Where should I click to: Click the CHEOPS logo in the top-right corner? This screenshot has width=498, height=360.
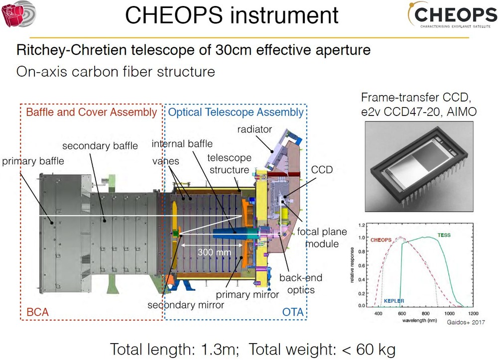click(452, 15)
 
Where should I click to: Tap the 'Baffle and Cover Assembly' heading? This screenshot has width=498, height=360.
click(92, 112)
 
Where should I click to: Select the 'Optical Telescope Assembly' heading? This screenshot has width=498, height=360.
click(236, 112)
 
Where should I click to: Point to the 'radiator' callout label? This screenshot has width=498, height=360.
click(254, 129)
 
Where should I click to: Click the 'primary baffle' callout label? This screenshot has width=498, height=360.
click(33, 161)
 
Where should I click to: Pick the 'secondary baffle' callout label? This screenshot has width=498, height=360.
click(100, 146)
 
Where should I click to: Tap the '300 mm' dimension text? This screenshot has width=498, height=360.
click(214, 252)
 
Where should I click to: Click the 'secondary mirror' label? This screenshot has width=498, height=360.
click(186, 305)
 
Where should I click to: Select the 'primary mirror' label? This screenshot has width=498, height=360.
click(248, 295)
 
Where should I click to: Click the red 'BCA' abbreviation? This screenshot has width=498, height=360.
click(37, 312)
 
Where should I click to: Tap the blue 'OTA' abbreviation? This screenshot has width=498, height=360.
click(293, 312)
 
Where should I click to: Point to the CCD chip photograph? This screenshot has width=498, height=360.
click(419, 167)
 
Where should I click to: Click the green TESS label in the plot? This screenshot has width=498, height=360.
click(444, 235)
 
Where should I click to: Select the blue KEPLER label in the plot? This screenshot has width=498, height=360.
click(394, 301)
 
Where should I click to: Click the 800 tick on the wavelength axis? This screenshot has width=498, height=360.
click(426, 313)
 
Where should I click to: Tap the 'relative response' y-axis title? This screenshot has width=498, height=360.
click(352, 265)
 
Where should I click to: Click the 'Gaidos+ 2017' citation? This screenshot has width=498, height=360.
click(466, 322)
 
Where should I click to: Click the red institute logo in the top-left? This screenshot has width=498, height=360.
click(19, 14)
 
